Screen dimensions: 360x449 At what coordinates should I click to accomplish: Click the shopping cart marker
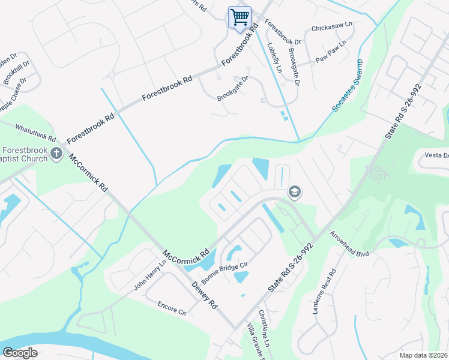240,17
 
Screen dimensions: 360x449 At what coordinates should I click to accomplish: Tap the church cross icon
56,154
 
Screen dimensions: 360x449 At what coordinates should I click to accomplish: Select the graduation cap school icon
294,192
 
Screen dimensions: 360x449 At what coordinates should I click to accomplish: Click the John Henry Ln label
149,275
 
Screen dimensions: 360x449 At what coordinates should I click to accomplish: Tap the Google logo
20,353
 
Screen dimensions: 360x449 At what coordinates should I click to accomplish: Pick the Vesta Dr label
436,155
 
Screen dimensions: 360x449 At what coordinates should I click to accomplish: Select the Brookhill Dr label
16,72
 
